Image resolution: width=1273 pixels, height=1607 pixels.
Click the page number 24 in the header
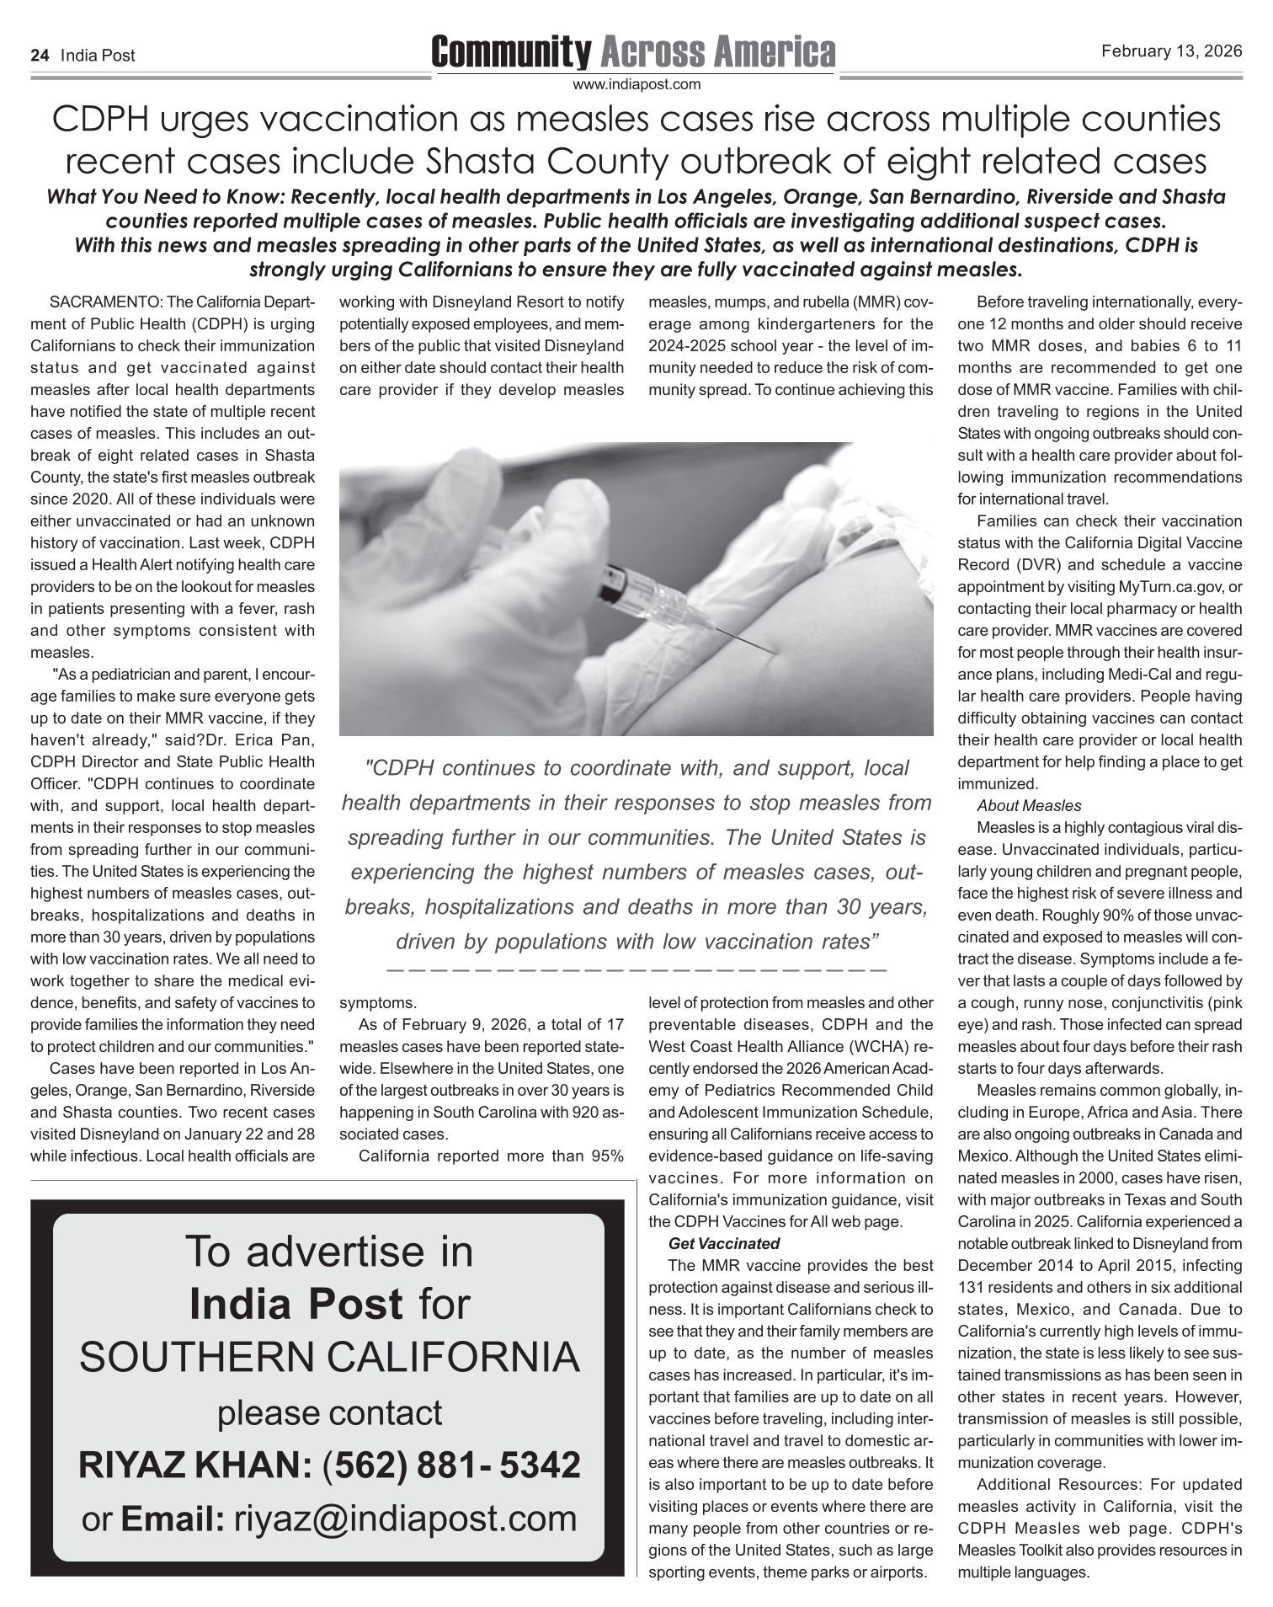tap(39, 56)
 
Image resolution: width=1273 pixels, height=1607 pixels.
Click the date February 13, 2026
tap(1171, 51)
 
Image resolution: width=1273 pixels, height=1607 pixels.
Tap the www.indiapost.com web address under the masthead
tap(636, 84)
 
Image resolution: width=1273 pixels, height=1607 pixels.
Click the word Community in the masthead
tap(511, 52)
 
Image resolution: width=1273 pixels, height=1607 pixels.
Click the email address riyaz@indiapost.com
tap(405, 1518)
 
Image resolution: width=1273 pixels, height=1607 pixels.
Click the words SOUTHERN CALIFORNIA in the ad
tap(329, 1357)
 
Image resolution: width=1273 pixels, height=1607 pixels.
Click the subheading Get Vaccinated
tap(723, 1243)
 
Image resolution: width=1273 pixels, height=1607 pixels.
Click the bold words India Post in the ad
tap(296, 1304)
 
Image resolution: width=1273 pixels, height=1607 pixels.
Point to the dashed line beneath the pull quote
tap(636, 970)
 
